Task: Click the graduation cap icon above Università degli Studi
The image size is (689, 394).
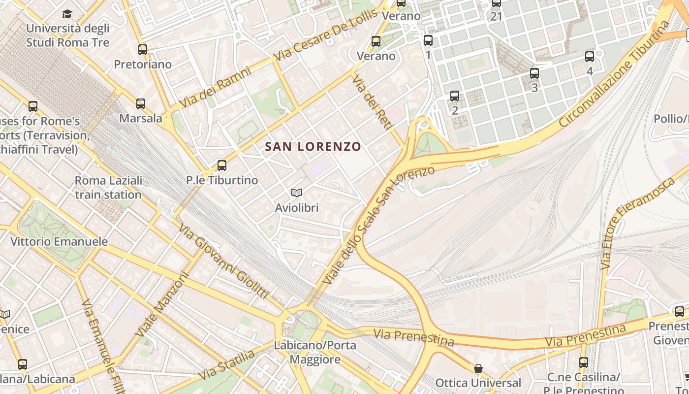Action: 67,14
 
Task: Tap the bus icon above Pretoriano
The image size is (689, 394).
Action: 143,50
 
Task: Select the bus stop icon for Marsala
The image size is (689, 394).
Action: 141,104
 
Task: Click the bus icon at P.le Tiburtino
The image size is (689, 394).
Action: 222,165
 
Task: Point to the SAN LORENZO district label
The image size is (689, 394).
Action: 313,147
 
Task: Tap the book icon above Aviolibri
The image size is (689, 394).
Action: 296,193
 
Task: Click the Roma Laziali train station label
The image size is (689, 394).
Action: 108,188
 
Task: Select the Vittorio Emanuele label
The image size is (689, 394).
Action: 59,242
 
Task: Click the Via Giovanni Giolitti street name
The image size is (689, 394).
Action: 224,261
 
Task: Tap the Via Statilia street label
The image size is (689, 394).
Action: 227,365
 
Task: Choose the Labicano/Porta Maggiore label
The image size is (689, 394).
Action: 315,353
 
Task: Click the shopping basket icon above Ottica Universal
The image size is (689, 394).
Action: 478,368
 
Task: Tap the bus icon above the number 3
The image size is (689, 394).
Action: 534,74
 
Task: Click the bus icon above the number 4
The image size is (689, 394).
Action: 590,57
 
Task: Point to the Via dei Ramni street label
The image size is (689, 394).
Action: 215,88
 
